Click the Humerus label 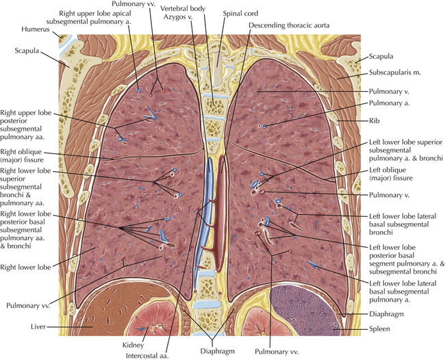(36, 29)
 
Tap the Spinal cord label (240, 13)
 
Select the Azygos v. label (178, 16)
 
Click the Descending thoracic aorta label (289, 25)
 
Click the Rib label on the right (374, 121)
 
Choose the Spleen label (379, 329)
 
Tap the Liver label (38, 327)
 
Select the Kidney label (133, 345)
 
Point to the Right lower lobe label (25, 267)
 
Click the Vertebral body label (183, 8)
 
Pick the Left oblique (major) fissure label (391, 174)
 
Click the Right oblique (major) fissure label (22, 156)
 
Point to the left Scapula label (27, 51)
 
